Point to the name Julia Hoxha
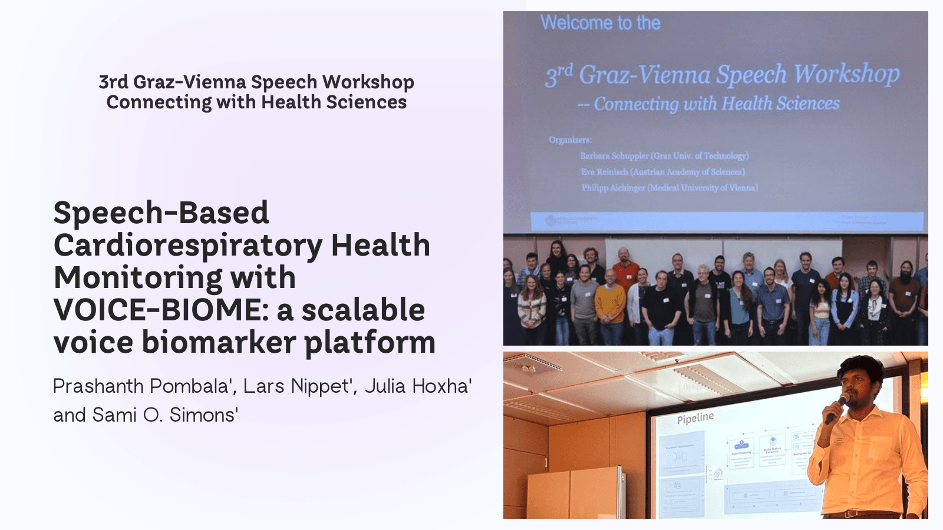coord(417,386)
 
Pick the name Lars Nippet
coord(298,386)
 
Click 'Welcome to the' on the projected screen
coord(600,23)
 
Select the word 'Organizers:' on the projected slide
coord(570,140)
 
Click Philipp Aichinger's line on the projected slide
coord(670,188)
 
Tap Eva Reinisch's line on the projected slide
coord(662,172)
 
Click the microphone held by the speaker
coord(836,408)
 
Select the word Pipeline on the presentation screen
coord(695,418)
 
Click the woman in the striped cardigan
coord(532,306)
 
